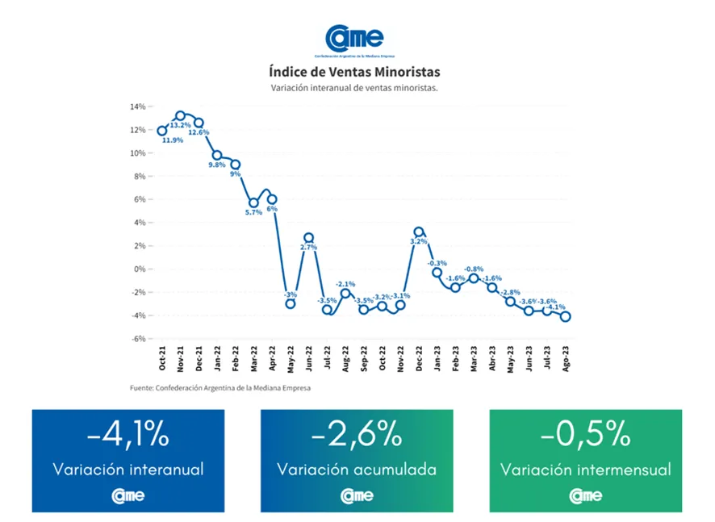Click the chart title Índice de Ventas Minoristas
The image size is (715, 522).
pos(354,71)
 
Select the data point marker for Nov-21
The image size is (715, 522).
pos(180,116)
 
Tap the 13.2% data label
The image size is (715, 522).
pos(180,126)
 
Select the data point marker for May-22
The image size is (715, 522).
pos(291,303)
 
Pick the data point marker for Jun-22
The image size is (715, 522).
pos(308,238)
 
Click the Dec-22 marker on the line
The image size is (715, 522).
pos(419,232)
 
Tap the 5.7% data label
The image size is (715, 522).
pos(253,212)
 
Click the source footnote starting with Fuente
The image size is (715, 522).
pos(220,387)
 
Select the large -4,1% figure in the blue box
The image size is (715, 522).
pos(128,436)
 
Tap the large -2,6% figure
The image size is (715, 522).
pos(357,436)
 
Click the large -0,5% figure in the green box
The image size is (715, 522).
pos(585,436)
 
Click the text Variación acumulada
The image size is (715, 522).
pos(357,469)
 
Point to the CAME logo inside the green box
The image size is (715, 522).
pos(585,495)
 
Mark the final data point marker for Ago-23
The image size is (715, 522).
pos(566,316)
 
